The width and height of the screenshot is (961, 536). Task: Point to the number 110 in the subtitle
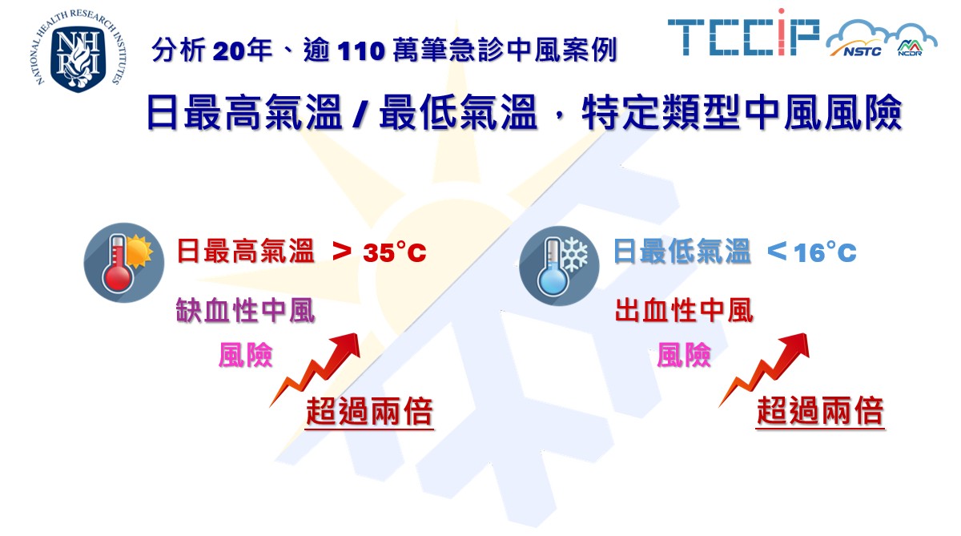tap(361, 51)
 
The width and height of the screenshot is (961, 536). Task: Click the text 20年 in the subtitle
tap(242, 50)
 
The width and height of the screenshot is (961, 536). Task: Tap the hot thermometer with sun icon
tap(123, 263)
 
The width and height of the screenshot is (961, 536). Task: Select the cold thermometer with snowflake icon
tap(559, 265)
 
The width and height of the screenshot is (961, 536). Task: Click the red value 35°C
tap(394, 252)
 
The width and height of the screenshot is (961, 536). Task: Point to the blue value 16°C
tap(825, 252)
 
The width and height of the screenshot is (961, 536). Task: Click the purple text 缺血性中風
tap(245, 310)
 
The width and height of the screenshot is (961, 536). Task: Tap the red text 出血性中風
tap(684, 310)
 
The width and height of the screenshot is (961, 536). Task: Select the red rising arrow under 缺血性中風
tap(316, 369)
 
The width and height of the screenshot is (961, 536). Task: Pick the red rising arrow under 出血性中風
tap(765, 369)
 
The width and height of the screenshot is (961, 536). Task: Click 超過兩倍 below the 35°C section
tap(369, 411)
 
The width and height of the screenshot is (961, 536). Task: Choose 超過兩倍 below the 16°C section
tap(820, 411)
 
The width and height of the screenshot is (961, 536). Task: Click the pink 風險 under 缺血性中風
tap(245, 355)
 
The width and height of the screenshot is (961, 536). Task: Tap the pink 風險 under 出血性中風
tap(684, 355)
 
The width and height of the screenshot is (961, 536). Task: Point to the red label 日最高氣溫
tap(245, 251)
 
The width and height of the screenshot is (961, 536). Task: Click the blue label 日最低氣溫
tap(682, 251)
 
